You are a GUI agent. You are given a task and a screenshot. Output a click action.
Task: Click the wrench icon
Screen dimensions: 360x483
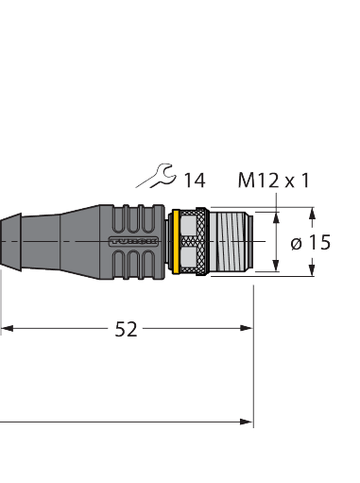coord(156,175)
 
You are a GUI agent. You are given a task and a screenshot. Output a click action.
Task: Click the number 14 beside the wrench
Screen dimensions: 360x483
coord(194,180)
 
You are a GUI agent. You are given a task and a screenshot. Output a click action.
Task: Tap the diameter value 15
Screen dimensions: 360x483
coord(319,243)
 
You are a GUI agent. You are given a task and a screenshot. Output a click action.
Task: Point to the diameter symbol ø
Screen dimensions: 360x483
coord(297,243)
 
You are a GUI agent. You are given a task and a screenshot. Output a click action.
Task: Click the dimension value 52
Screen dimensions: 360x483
coord(126,329)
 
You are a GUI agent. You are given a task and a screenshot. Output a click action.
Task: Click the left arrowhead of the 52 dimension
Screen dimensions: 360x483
coord(6,329)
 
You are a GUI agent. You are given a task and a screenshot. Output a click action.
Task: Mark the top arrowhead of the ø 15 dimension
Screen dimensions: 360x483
coord(312,213)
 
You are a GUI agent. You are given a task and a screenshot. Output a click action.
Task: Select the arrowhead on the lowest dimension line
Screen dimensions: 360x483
coord(248,421)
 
